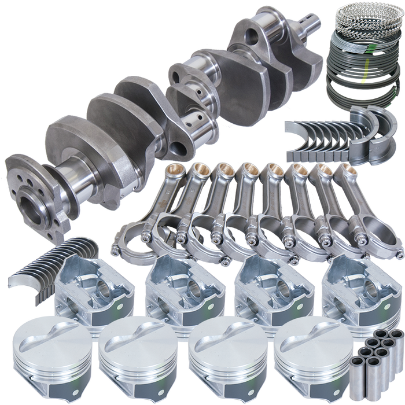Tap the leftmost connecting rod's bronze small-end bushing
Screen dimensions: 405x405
(172, 170)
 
